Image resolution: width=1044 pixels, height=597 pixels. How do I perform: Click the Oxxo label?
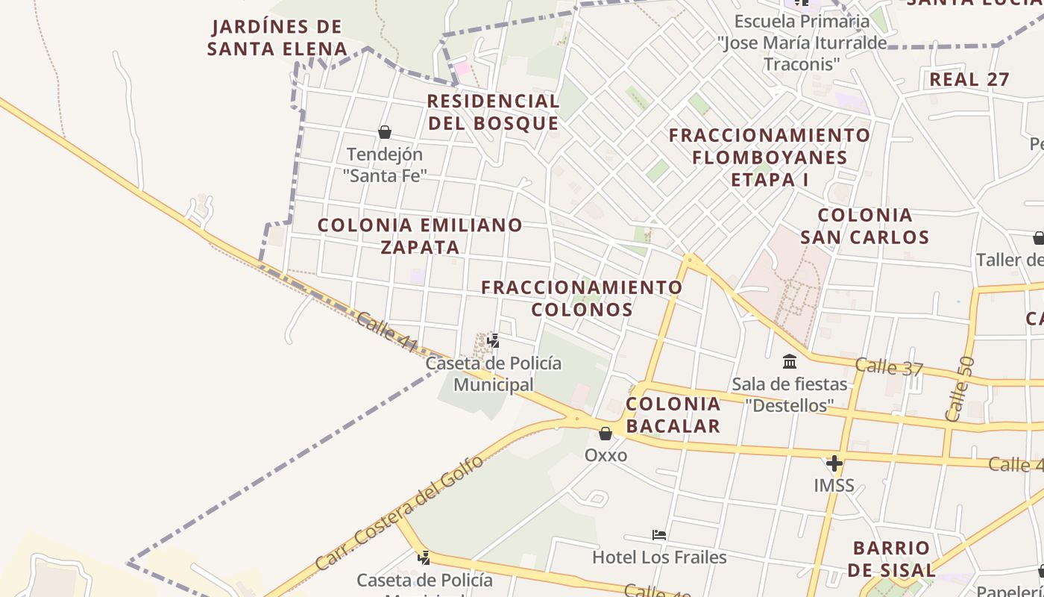[606, 455]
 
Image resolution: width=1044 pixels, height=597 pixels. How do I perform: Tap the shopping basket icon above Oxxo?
[606, 434]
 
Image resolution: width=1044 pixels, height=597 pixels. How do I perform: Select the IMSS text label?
[834, 486]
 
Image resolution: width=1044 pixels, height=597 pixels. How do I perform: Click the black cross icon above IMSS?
[834, 464]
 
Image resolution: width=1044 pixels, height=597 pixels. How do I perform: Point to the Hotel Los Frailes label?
[659, 557]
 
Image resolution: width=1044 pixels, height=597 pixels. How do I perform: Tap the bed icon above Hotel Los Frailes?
[659, 535]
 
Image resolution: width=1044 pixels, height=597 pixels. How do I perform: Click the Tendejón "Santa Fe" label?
[385, 165]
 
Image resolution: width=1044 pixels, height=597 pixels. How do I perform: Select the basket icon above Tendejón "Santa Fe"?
[385, 133]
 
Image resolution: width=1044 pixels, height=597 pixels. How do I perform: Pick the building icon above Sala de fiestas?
[790, 363]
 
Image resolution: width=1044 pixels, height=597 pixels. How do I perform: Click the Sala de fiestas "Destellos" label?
[790, 395]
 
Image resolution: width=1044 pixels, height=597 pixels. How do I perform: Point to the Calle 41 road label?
[386, 332]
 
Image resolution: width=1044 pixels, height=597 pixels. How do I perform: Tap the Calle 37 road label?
[889, 367]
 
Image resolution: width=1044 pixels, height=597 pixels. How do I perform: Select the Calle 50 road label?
[959, 389]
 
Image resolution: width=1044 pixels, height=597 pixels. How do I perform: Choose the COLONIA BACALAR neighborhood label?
[673, 415]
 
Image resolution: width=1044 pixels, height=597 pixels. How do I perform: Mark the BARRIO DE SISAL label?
[891, 559]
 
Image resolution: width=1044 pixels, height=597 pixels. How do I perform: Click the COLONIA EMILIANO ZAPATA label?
[421, 236]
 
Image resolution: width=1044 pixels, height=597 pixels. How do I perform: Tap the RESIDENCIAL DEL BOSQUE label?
[493, 112]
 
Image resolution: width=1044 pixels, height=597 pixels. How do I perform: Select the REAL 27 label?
[969, 79]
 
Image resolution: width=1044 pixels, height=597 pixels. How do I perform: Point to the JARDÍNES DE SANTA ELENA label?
[277, 38]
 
